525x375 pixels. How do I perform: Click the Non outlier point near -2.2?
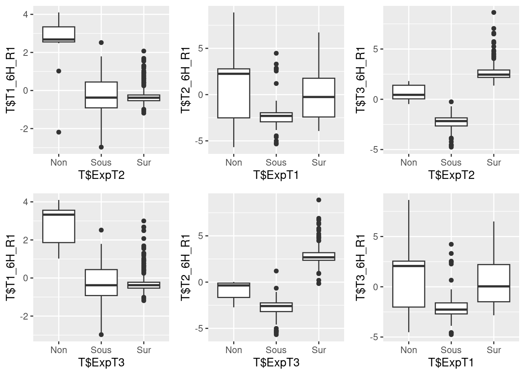[59, 132]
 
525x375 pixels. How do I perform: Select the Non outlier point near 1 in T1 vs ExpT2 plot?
[59, 71]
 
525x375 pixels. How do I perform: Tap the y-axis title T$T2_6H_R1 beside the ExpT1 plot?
[186, 80]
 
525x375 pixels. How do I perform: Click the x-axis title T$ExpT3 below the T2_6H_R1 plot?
[276, 363]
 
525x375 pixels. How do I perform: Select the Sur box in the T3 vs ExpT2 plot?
[494, 74]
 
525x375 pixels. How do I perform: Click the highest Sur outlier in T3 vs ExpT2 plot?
[494, 12]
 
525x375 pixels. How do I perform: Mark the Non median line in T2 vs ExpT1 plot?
[234, 73]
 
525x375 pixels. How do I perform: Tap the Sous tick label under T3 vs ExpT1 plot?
[451, 350]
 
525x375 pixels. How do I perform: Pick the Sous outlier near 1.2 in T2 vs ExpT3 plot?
[276, 271]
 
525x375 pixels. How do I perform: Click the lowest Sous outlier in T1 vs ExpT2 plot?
[101, 147]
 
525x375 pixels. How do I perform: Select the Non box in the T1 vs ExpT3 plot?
[59, 226]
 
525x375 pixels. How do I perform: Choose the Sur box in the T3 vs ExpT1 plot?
[494, 283]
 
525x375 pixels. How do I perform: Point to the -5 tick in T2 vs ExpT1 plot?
[200, 141]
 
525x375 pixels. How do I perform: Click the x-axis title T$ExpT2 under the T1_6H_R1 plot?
[101, 175]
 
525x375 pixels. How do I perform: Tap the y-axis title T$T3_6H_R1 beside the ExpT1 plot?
[361, 268]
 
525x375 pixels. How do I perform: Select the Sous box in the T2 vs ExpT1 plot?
[276, 117]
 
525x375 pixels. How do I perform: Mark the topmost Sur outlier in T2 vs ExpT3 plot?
[319, 200]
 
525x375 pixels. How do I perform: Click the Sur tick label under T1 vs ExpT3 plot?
[144, 350]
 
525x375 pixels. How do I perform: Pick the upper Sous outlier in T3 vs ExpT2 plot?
[451, 102]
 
